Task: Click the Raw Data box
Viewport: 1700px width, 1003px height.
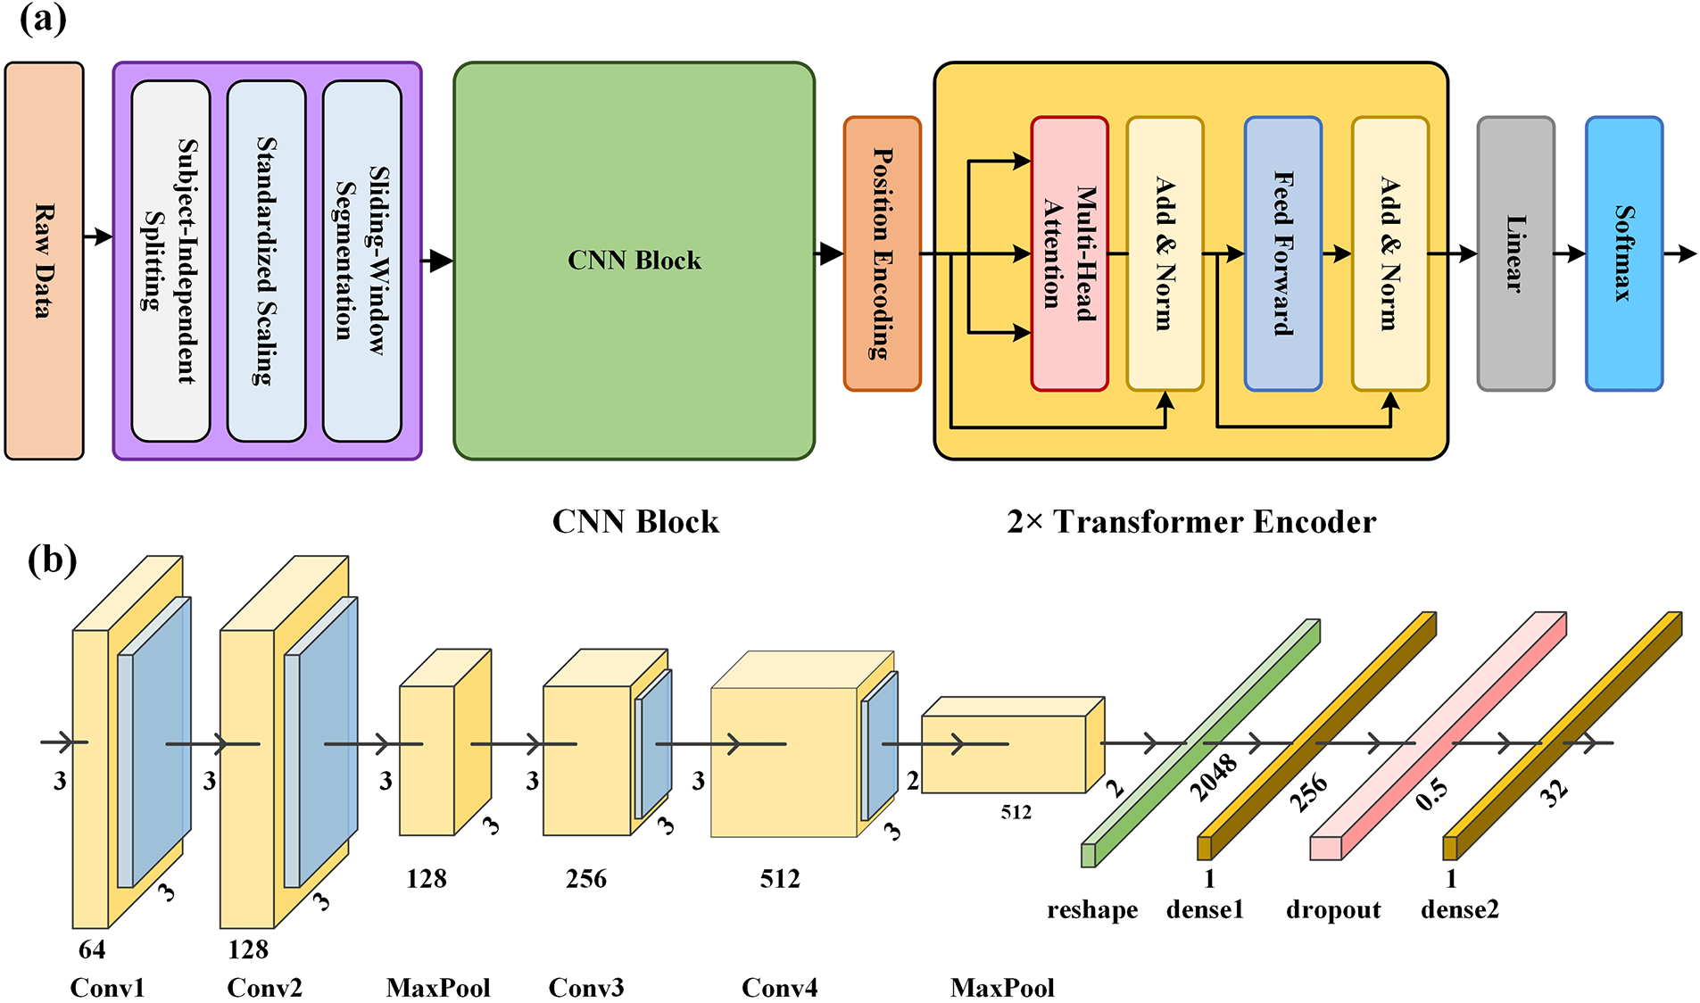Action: [x=44, y=261]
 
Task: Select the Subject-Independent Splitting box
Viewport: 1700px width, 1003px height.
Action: [x=170, y=261]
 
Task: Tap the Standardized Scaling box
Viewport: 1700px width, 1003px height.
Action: [x=266, y=261]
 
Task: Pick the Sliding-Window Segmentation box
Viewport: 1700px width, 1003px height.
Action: [x=361, y=261]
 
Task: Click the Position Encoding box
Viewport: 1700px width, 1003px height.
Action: [x=882, y=253]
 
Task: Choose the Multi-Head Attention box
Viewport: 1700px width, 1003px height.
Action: [x=1069, y=253]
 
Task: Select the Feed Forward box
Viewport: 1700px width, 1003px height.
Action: [x=1282, y=253]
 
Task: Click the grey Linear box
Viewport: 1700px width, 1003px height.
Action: [x=1515, y=253]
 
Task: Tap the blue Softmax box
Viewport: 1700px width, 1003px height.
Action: [x=1623, y=253]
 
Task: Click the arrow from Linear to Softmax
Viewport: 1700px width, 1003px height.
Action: [x=1570, y=254]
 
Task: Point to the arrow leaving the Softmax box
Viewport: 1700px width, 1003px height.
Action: [x=1680, y=254]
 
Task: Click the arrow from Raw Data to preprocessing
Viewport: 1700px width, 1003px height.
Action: [x=98, y=236]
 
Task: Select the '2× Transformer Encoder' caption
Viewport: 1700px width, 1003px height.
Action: [x=1191, y=522]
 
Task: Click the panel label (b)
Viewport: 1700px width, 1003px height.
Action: [x=52, y=560]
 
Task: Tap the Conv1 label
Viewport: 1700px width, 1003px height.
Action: [x=107, y=988]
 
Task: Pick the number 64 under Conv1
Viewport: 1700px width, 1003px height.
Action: [x=91, y=949]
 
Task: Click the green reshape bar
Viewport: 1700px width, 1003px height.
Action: [x=1200, y=743]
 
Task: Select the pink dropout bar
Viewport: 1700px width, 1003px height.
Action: [x=1437, y=736]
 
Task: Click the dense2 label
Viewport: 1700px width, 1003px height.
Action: [x=1460, y=909]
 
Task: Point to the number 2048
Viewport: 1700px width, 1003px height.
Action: [x=1214, y=776]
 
